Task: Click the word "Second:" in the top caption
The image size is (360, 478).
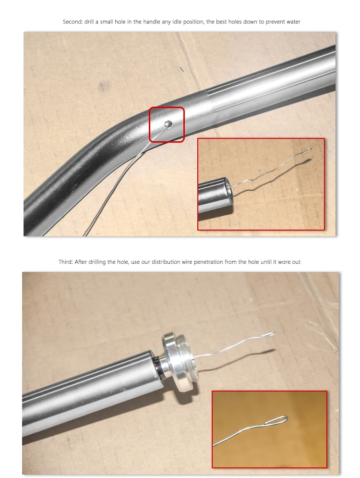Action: point(72,22)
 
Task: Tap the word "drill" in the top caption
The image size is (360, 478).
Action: point(88,22)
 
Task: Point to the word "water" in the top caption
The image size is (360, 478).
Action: point(293,22)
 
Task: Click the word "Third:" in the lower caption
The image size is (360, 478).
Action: point(65,262)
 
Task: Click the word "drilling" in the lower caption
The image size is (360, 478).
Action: point(97,262)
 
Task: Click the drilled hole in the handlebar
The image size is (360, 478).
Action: point(168,124)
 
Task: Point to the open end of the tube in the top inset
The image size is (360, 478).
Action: point(228,191)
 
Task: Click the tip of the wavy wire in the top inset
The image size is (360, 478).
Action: point(311,149)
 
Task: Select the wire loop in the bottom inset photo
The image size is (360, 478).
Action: point(276,420)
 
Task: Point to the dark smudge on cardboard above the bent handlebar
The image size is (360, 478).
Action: point(104,86)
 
